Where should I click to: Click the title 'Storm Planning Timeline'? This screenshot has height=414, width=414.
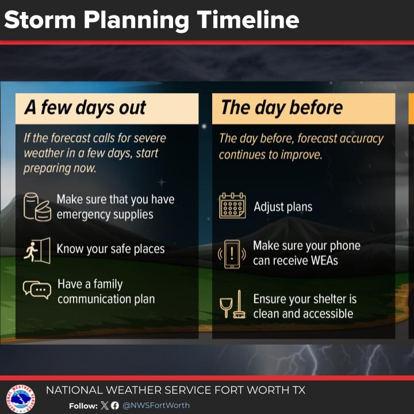coord(152,20)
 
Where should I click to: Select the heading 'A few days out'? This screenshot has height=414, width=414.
coord(85,108)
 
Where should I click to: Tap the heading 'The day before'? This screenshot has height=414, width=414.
coord(281,108)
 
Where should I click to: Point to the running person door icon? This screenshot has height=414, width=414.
coord(37,250)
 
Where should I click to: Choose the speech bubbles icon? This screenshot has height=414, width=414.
coord(37,289)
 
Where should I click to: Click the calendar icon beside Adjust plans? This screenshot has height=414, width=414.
coord(232,206)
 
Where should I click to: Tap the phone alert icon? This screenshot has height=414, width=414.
coord(232,254)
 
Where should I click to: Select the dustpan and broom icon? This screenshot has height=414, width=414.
coord(232,306)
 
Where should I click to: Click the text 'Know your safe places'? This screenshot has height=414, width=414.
coord(110,249)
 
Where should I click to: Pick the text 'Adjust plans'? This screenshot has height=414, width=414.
coord(283,206)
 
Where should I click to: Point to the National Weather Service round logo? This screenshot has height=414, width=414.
coord(21,398)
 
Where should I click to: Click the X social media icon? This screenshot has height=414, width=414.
coord(104,405)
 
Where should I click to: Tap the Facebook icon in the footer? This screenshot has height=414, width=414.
coord(114,405)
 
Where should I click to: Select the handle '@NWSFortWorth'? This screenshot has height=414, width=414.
coord(156,405)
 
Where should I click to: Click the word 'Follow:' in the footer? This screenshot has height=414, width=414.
coord(83,406)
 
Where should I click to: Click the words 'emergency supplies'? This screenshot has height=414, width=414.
coord(105,214)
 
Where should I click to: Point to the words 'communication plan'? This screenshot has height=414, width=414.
coord(106,299)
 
